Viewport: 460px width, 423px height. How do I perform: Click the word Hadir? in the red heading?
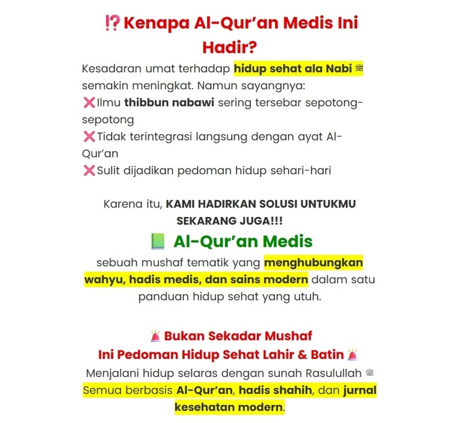tap(229, 47)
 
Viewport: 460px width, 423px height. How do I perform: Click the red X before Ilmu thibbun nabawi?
tap(89, 104)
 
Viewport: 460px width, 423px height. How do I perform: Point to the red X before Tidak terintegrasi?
tap(89, 137)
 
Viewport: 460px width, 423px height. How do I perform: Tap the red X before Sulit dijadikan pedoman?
tap(89, 170)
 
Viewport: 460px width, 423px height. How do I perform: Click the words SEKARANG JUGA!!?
tap(229, 221)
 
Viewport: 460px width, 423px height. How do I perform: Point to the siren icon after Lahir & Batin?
tap(352, 354)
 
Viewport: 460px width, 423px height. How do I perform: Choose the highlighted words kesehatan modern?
tap(229, 407)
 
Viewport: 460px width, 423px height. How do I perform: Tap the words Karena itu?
tap(133, 204)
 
